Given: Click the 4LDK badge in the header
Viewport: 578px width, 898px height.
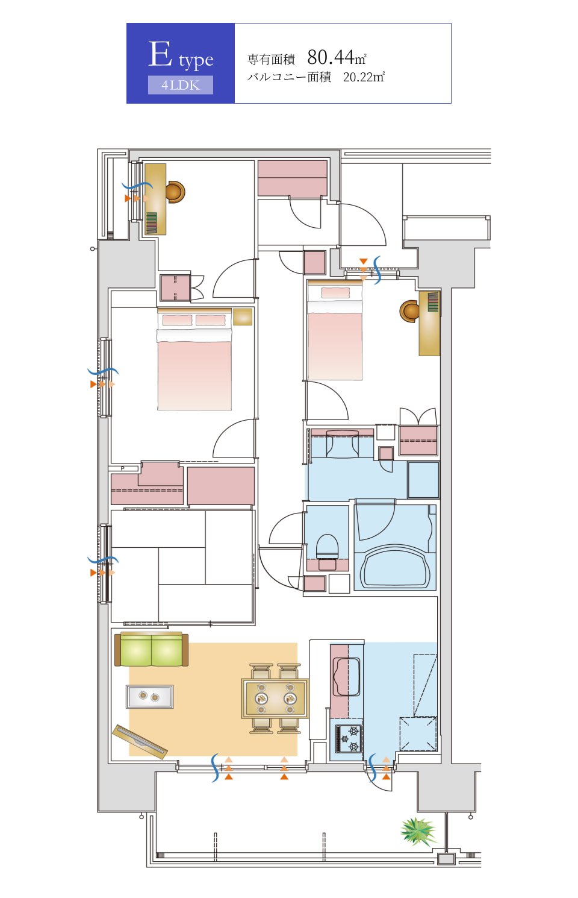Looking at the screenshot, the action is [x=180, y=85].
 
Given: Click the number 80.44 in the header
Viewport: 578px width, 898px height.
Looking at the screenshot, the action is [x=331, y=57].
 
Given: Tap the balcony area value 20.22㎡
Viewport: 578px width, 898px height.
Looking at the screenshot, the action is [x=364, y=77].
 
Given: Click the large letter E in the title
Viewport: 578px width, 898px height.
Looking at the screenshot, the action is [x=160, y=54].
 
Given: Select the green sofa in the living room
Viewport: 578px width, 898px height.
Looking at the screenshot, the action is [x=151, y=650].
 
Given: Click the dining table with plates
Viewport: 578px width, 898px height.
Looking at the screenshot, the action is [x=275, y=699].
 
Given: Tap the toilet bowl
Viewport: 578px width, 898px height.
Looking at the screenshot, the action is [x=328, y=547].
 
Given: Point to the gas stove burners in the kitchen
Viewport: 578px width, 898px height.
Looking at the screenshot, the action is [x=349, y=739].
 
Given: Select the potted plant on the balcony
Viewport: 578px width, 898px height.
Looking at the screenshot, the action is [x=418, y=831].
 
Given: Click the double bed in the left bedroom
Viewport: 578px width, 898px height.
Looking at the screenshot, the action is [x=194, y=359].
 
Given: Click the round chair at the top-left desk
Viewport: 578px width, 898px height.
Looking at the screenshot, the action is [x=175, y=192].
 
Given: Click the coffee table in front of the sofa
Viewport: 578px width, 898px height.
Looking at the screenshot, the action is [x=150, y=696].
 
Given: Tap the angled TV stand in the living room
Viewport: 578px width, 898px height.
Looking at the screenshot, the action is [x=140, y=742].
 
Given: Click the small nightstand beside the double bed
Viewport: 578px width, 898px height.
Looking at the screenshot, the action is [x=243, y=316].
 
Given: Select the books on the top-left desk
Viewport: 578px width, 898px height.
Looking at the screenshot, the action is [x=151, y=223].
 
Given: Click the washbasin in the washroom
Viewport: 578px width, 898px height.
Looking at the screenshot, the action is [x=343, y=444].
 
